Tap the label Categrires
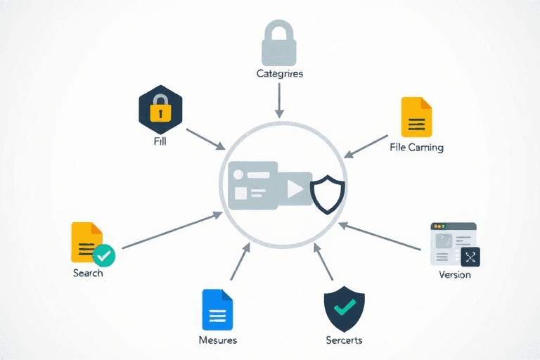[x=280, y=73]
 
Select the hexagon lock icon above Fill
[x=160, y=112]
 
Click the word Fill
[x=161, y=141]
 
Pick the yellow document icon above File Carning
[x=416, y=117]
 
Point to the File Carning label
[x=416, y=148]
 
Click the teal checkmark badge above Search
[x=103, y=254]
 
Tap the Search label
[x=88, y=273]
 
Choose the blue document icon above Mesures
[x=217, y=309]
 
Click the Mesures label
[x=217, y=340]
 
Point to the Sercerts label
[x=344, y=340]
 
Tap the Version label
[x=454, y=274]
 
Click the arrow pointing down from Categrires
[x=279, y=100]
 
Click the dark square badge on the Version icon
[x=470, y=257]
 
